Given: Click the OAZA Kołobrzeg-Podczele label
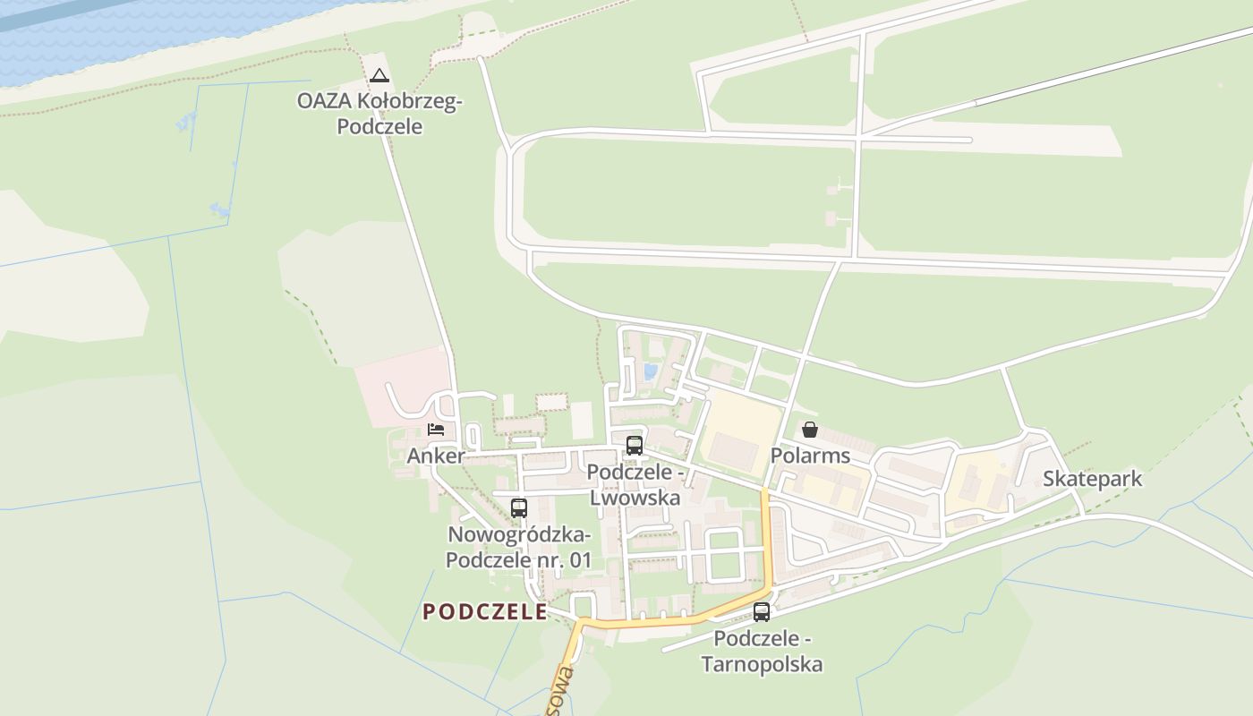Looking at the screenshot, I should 379,114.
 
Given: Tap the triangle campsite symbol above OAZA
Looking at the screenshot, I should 379,76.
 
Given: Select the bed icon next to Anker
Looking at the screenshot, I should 436,430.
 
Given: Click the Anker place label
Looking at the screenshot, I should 436,456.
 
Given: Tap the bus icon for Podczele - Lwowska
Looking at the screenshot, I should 635,445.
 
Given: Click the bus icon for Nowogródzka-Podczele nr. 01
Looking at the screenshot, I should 519,508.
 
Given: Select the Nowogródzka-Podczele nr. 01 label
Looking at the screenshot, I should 519,548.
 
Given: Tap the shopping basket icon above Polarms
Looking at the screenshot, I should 810,430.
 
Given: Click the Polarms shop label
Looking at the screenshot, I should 810,456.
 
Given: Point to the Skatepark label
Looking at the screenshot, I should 1092,478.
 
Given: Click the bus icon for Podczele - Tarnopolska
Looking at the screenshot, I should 762,612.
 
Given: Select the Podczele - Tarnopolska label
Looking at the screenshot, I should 762,652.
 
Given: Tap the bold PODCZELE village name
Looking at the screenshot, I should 485,611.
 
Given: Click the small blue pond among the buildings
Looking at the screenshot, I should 651,371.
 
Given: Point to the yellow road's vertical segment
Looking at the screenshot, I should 767,537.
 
